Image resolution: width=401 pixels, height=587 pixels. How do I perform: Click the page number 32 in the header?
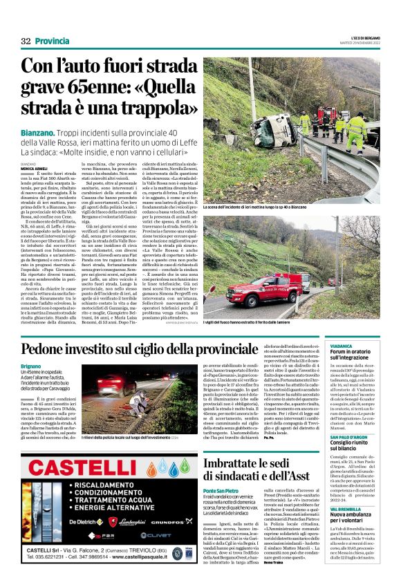coord(26,41)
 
